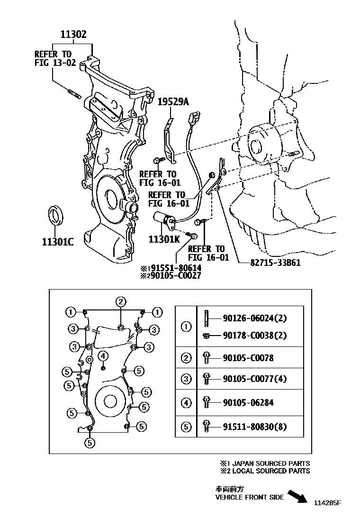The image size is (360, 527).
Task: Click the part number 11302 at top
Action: pos(73,34)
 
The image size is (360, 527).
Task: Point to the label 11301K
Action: pos(164,240)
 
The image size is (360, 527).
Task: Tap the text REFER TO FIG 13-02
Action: pos(55,58)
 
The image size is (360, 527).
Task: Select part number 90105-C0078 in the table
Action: pos(248,358)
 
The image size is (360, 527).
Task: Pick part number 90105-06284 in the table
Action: pos(248,403)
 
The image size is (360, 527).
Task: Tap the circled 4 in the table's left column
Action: pos(186,403)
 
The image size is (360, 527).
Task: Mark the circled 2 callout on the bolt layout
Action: pos(121,301)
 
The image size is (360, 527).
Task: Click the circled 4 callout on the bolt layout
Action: pos(103,355)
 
